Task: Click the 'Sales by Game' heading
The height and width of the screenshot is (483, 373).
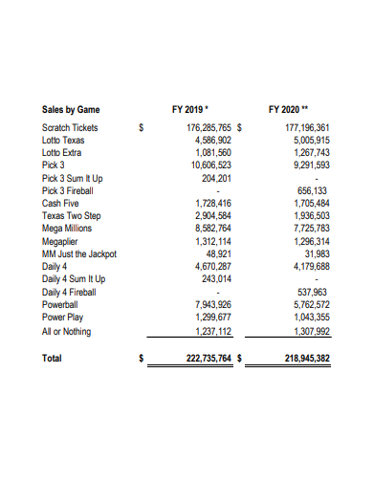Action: tap(71, 109)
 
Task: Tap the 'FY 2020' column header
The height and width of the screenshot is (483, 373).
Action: tap(294, 109)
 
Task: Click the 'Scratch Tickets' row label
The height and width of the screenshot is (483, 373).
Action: tap(70, 127)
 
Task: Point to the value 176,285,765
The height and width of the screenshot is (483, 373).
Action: tap(202, 127)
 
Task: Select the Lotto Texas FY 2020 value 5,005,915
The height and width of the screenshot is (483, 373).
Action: tap(307, 140)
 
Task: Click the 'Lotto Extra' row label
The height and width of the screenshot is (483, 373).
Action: tap(63, 152)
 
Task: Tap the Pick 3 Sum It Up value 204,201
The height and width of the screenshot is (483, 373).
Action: tap(211, 177)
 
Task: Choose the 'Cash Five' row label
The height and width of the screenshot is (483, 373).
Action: tap(61, 203)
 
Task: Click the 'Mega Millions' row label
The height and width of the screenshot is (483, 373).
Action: tap(68, 229)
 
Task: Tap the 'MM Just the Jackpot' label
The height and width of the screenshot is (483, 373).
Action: tap(79, 253)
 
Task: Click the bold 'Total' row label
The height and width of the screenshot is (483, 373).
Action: tap(53, 359)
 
